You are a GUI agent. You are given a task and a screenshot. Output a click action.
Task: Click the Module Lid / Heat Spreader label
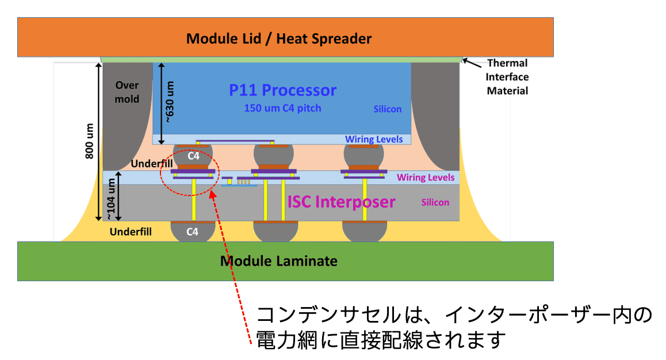coord(279,39)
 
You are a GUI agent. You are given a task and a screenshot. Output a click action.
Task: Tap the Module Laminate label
coord(279,261)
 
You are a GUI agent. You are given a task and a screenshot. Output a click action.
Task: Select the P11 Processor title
coord(282,90)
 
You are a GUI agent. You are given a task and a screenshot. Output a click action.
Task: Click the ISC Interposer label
coord(342,202)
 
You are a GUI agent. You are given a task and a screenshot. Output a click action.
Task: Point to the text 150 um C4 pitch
coord(282,108)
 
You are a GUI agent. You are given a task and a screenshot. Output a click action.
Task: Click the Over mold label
coord(127,92)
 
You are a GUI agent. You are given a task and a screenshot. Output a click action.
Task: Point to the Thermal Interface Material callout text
coord(507,77)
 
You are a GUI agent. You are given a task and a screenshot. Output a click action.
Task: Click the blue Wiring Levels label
coord(374,139)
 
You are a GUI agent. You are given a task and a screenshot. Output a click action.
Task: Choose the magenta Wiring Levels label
coord(426,177)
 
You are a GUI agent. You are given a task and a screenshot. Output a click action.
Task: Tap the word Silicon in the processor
coord(386,109)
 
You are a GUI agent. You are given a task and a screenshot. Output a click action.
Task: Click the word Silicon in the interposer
coord(435,202)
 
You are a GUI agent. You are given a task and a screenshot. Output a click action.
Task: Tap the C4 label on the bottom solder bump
coord(193,232)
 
